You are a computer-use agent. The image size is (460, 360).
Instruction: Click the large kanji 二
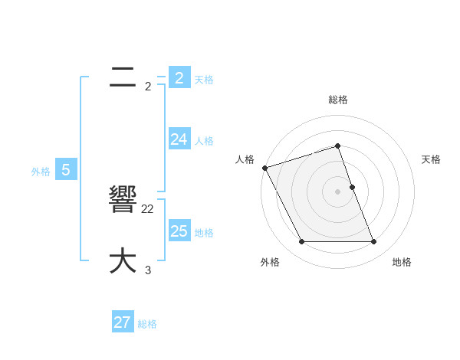coord(123,77)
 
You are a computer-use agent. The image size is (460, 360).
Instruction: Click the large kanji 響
coord(123,201)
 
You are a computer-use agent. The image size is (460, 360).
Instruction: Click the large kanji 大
coord(123,260)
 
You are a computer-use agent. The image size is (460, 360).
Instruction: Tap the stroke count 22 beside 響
coord(148,208)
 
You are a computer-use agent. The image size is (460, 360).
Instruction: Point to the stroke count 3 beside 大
coord(148,270)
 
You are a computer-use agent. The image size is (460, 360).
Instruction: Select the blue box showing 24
coord(179,139)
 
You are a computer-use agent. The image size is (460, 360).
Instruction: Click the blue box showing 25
coord(179,231)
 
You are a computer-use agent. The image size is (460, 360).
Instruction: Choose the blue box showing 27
coord(122,322)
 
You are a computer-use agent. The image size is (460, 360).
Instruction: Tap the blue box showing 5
coord(66,170)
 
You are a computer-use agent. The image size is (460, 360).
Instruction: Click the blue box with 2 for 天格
coord(179,77)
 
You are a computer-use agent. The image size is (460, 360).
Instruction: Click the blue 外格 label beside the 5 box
coord(41,172)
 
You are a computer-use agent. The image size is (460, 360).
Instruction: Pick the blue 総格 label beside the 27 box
coord(147,324)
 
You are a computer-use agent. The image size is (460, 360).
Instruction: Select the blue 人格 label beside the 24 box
coord(204,141)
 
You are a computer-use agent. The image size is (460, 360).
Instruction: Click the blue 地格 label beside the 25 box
coord(204,233)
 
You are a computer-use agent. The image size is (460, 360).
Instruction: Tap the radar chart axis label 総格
coord(337,100)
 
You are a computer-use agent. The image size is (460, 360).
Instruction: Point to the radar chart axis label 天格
coord(431,159)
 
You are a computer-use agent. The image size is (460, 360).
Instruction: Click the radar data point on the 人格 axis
coord(264,168)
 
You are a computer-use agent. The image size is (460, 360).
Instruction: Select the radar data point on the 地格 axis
coord(373,242)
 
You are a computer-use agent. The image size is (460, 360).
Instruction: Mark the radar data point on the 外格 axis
coord(301,242)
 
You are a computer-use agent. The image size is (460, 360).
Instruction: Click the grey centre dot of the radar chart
coord(337,191)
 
